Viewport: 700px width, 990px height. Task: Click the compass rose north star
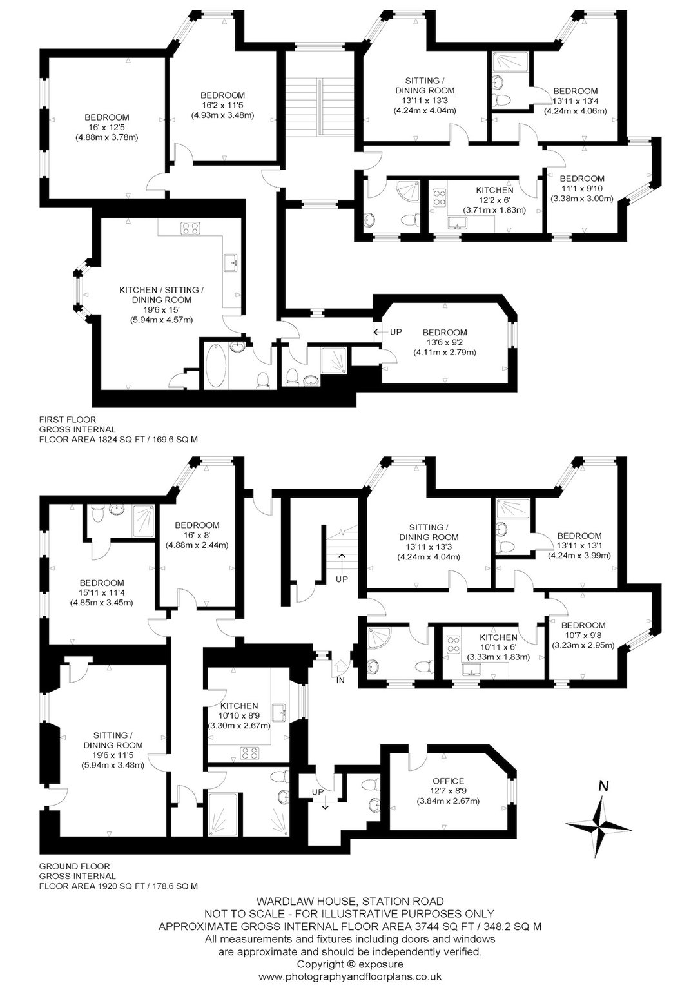pyautogui.click(x=599, y=826)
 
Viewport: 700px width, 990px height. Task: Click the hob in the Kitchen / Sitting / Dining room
pyautogui.click(x=190, y=228)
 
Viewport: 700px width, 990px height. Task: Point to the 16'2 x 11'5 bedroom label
pyautogui.click(x=223, y=105)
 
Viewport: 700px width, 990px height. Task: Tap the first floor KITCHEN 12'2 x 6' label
pyautogui.click(x=494, y=200)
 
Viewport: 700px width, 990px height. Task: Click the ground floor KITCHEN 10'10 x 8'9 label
pyautogui.click(x=239, y=715)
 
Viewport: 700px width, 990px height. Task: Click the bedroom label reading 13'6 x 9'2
pyautogui.click(x=445, y=342)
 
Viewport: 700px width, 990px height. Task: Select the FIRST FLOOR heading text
pyautogui.click(x=68, y=419)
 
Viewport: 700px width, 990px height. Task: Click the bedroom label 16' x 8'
pyautogui.click(x=197, y=535)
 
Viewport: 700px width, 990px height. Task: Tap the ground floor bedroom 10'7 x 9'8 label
pyautogui.click(x=583, y=635)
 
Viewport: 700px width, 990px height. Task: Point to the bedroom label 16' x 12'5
pyautogui.click(x=107, y=127)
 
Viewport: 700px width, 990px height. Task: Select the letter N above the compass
pyautogui.click(x=603, y=786)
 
